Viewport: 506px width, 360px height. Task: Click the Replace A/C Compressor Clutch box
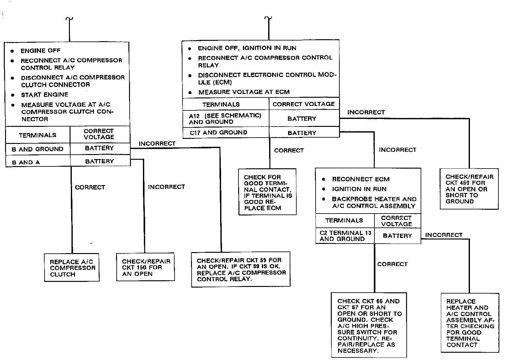[x=72, y=268]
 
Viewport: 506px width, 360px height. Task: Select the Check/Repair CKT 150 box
[x=145, y=267]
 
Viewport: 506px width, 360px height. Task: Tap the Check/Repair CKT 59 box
[x=241, y=270]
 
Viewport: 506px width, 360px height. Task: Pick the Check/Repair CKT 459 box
[x=469, y=189]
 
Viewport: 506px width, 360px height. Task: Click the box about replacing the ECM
[x=268, y=192]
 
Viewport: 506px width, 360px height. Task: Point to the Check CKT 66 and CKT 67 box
[x=369, y=326]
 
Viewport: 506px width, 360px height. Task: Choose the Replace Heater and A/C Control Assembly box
[x=470, y=323]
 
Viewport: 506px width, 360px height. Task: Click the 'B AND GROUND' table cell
[x=38, y=149]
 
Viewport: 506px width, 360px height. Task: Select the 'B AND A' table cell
[x=26, y=162]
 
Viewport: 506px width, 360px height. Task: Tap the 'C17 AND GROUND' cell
[x=219, y=133]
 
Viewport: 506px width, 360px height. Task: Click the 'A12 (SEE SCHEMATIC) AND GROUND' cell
[x=225, y=119]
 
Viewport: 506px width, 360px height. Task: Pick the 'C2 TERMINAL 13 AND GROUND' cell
[x=345, y=236]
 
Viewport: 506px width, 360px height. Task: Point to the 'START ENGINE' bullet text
[x=45, y=95]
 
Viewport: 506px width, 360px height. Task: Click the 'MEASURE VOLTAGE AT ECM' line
[x=244, y=92]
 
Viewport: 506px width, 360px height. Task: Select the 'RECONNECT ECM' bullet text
[x=361, y=179]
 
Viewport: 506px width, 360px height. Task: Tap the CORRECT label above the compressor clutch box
[x=90, y=187]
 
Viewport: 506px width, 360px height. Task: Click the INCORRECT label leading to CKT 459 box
[x=366, y=112]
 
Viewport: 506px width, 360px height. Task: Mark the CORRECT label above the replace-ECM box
[x=289, y=151]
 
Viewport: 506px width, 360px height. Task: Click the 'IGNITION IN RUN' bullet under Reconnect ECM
[x=359, y=189]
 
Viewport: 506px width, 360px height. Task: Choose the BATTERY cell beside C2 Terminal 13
[x=397, y=236]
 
